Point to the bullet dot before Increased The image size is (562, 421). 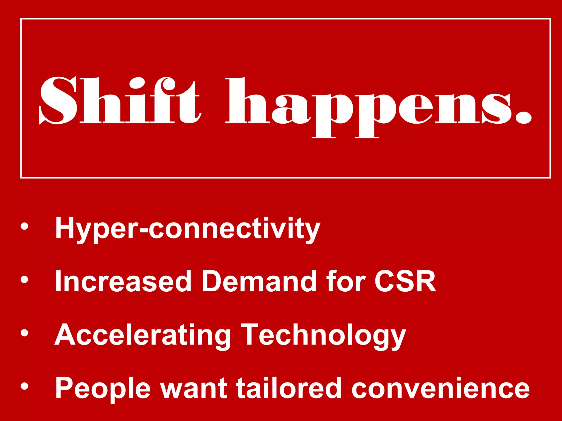tap(24, 279)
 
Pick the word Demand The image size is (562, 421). tap(259, 281)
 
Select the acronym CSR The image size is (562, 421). tap(405, 281)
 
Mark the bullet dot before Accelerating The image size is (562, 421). tap(24, 332)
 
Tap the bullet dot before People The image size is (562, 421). tap(24, 386)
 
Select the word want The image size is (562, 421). tap(194, 389)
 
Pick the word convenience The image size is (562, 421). tap(440, 389)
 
